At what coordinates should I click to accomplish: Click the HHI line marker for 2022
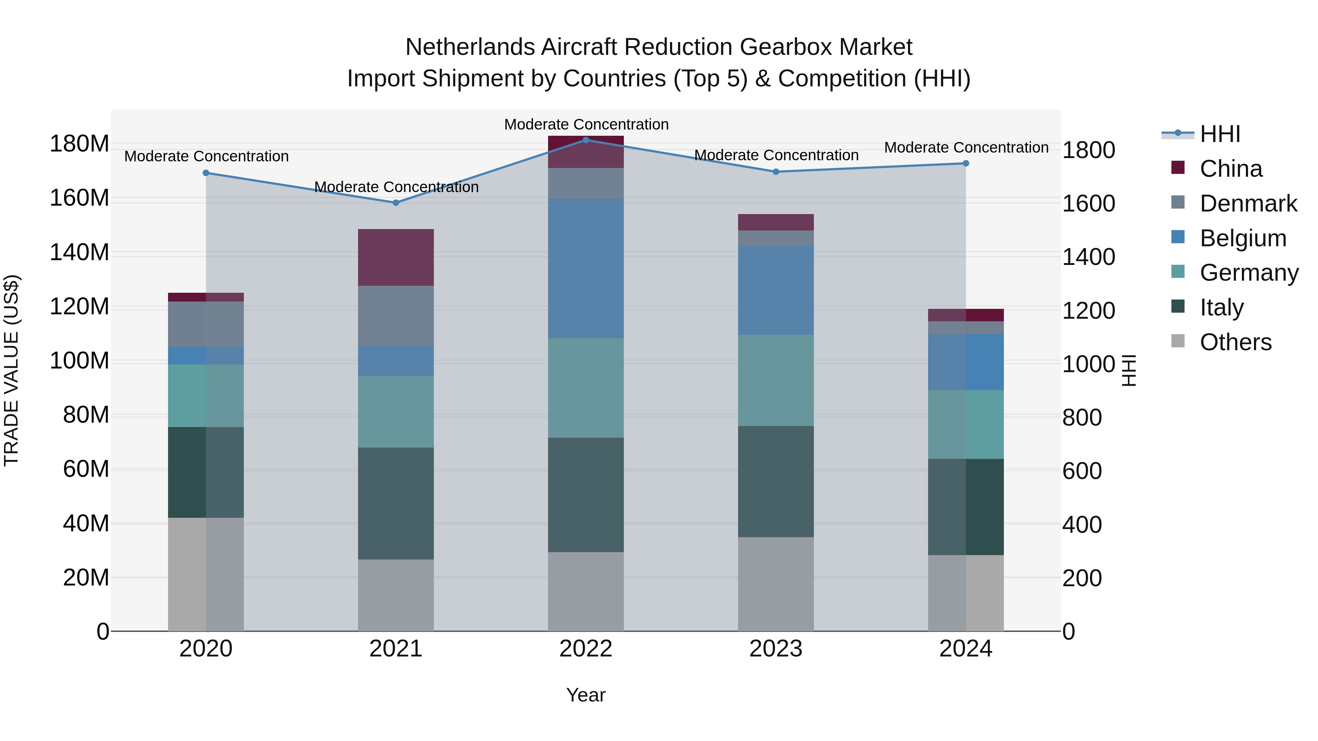586,140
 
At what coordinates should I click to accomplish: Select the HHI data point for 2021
395,202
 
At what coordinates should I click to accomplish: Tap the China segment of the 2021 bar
395,257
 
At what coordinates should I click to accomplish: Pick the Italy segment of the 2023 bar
776,481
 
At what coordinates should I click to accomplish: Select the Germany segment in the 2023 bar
776,381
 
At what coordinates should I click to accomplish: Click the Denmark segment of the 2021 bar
395,315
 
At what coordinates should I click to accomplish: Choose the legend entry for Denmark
1248,203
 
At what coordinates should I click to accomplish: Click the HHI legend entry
1220,134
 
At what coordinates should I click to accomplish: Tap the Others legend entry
1235,342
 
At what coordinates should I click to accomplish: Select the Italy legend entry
1221,307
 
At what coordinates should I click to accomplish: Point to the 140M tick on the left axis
79,252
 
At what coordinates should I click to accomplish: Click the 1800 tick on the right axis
1088,150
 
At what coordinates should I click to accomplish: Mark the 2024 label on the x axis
965,649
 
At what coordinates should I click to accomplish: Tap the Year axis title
586,695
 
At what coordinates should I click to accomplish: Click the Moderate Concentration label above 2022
586,124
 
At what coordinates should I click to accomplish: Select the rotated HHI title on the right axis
1129,370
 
